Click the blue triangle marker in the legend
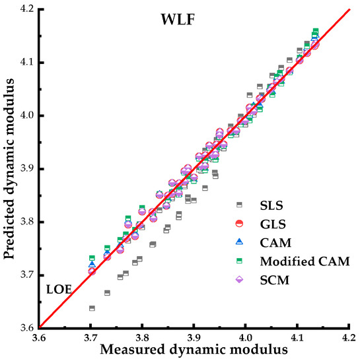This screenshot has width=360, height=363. (x=240, y=242)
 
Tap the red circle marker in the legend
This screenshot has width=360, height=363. (x=240, y=223)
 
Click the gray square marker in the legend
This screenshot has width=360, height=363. (x=240, y=205)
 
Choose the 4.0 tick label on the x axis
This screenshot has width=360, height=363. (x=245, y=338)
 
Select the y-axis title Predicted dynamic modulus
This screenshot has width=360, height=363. (x=10, y=168)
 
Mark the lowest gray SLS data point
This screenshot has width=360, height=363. (x=92, y=308)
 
